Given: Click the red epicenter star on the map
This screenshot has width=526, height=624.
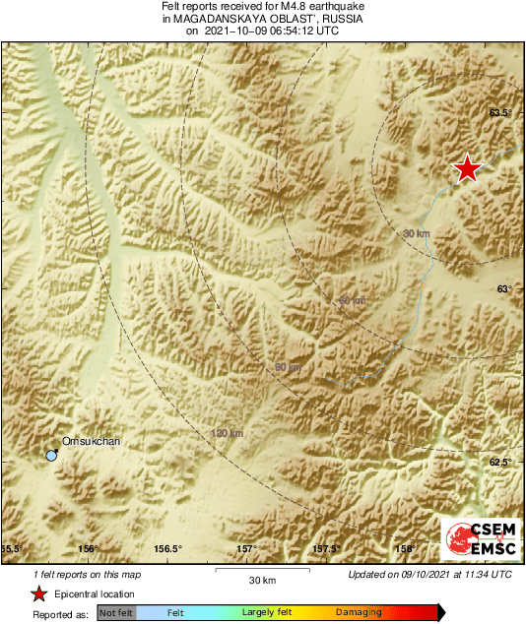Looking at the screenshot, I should point(467,169).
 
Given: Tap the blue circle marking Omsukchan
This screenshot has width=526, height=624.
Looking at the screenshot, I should point(51,456).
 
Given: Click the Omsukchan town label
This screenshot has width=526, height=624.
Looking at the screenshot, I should point(91,442).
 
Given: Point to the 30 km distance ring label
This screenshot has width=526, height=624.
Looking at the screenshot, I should point(417,233).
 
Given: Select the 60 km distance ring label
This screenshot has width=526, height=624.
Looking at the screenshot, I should point(352,300).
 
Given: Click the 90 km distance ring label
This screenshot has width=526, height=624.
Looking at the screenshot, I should point(288,367).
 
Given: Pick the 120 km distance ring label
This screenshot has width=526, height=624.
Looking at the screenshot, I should point(227,433).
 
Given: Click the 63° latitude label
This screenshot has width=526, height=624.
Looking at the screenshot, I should point(504,288).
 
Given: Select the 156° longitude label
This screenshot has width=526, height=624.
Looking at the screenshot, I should point(89,549).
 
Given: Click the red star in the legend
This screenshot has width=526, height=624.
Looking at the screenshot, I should point(38,593).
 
